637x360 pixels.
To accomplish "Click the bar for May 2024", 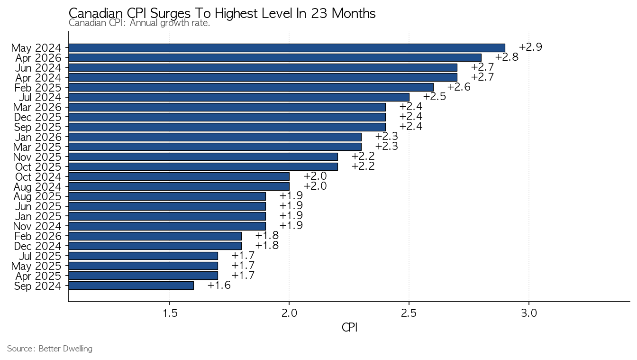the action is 287,48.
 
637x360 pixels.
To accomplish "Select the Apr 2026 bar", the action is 275,58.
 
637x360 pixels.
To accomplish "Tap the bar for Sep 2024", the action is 131,286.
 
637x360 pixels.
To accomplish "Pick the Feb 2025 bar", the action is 251,87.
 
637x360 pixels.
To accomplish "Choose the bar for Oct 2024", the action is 179,177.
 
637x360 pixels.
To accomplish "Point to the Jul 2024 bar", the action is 239,97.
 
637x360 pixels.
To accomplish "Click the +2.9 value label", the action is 531,47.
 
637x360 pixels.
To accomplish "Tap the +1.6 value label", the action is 219,285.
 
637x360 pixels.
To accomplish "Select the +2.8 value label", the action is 507,57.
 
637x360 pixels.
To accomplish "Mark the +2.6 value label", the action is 459,87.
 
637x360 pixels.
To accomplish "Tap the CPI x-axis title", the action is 349,328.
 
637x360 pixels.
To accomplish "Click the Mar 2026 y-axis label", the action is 37,107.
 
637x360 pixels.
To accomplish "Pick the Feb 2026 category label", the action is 38,236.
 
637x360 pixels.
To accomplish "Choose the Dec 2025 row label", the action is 37,117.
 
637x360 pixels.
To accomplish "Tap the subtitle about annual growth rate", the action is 139,23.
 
